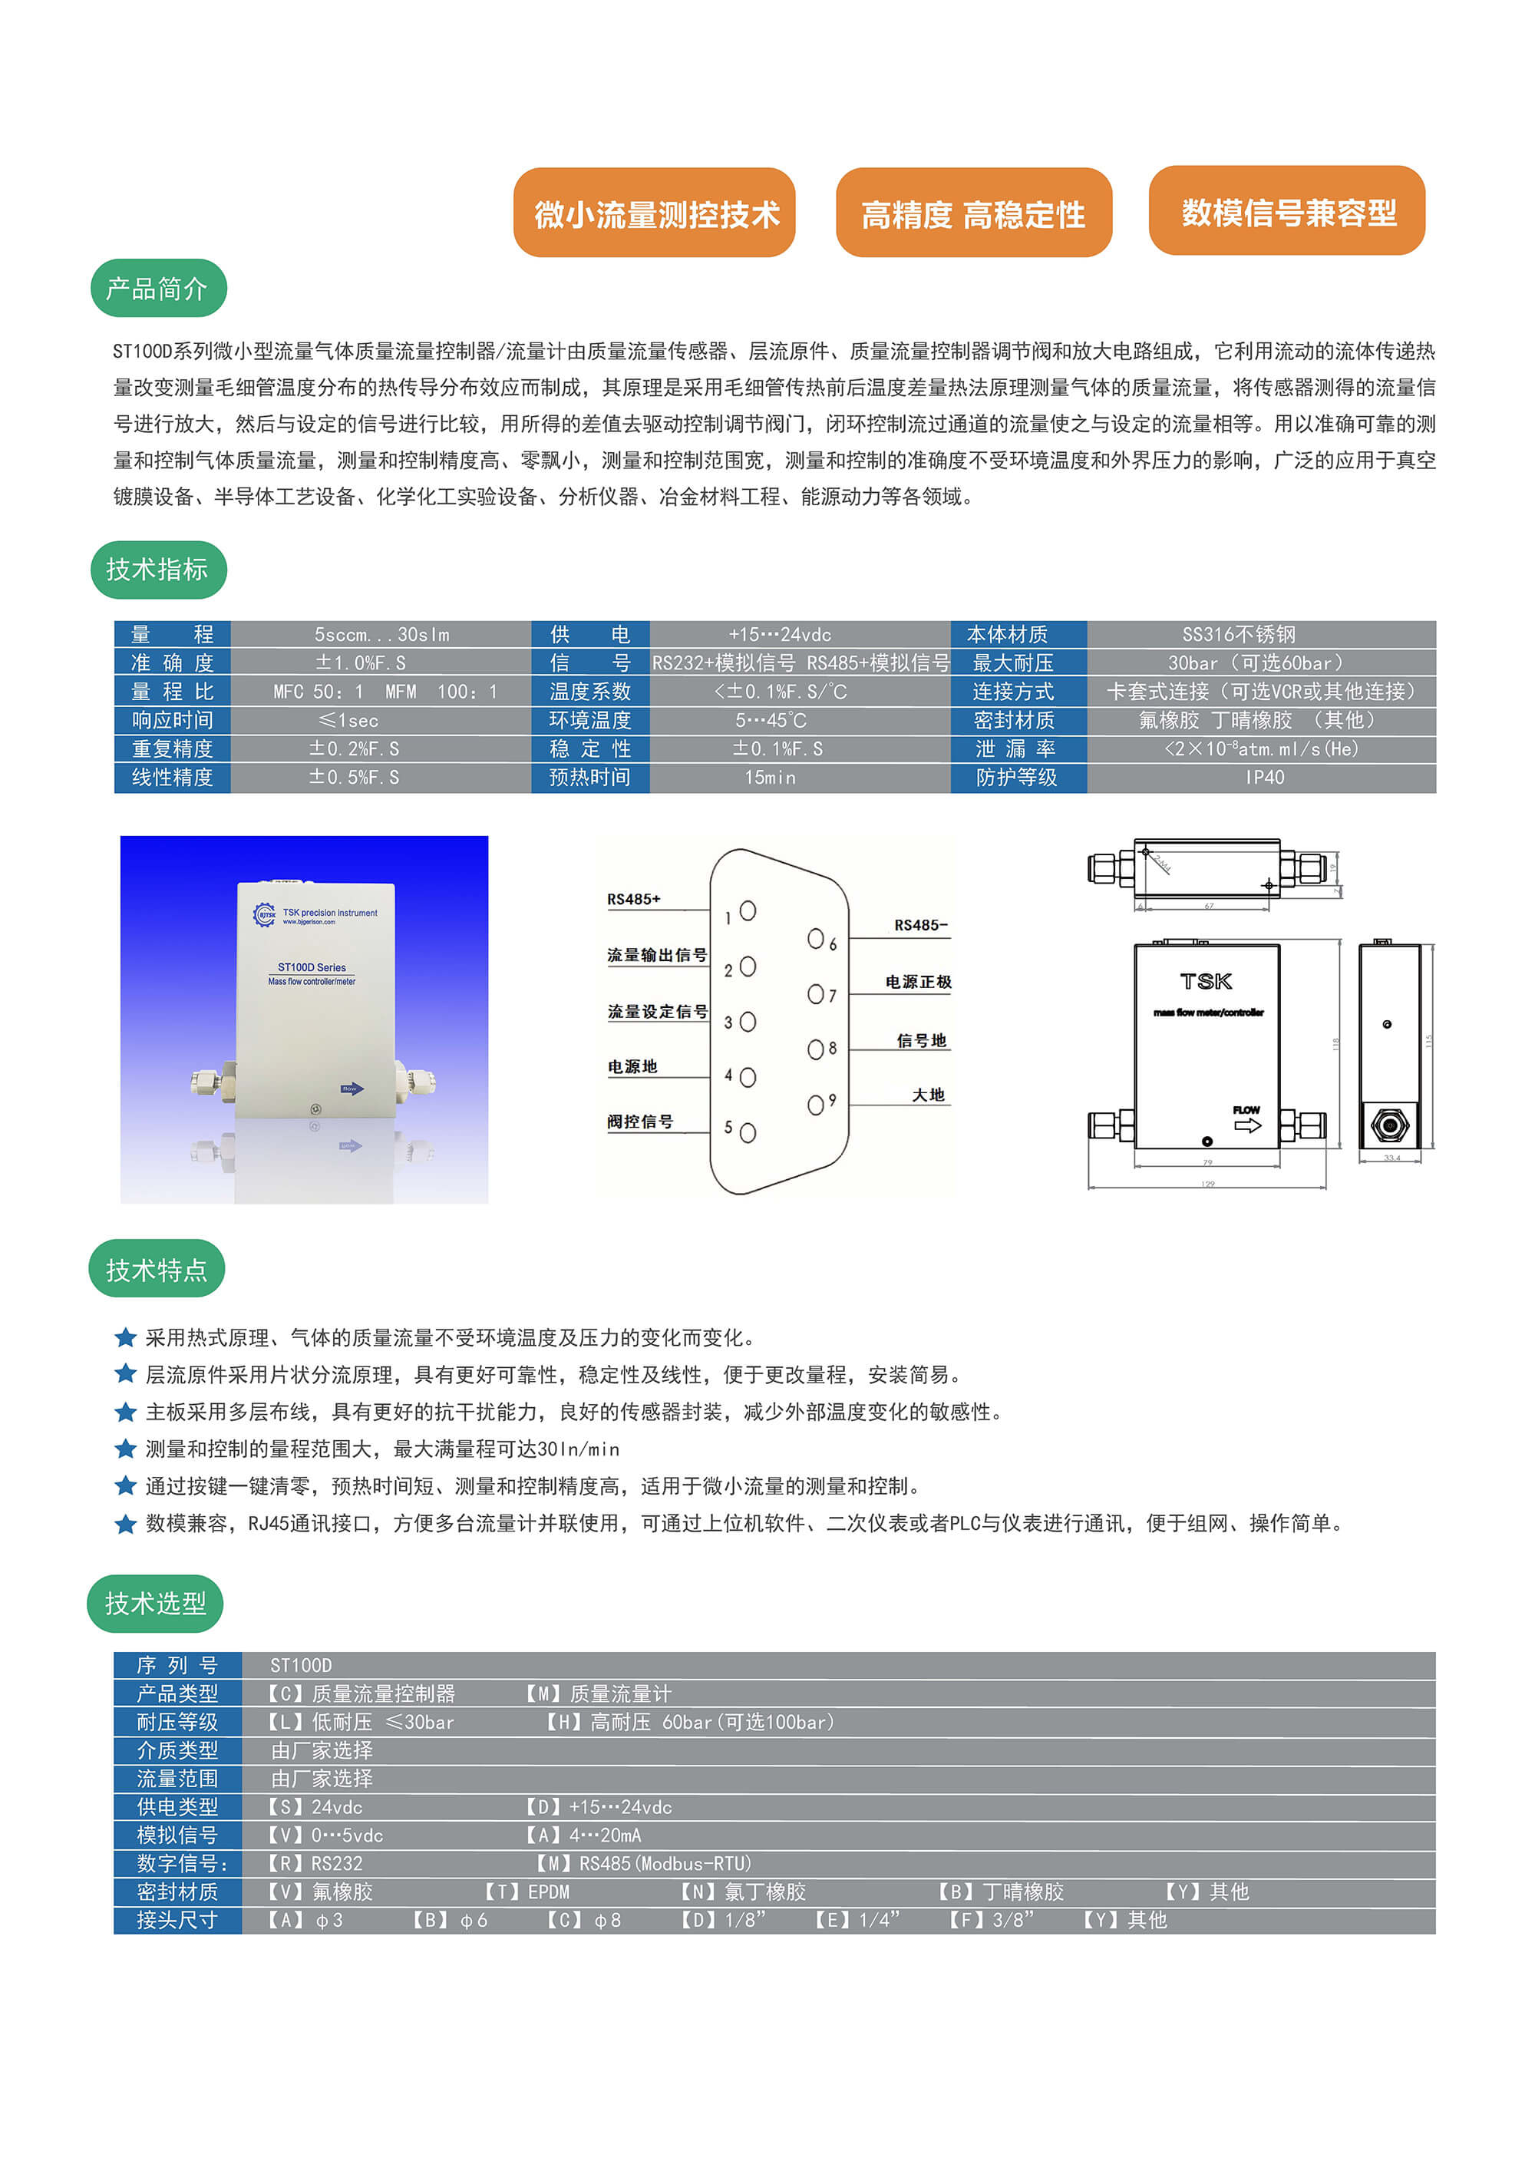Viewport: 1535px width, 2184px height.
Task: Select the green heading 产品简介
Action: tap(158, 288)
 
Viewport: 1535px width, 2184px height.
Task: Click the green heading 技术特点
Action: tap(156, 1269)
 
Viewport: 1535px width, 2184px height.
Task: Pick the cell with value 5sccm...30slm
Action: tap(381, 634)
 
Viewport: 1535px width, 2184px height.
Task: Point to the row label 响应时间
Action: tap(172, 720)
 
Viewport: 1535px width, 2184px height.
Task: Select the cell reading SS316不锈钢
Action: tap(1237, 634)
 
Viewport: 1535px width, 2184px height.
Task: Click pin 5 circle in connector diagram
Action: tap(748, 1133)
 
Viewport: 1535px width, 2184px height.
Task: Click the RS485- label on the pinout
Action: tap(919, 924)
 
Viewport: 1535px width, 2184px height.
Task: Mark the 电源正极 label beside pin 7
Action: tap(918, 982)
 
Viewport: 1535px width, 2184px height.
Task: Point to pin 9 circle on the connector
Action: tap(815, 1105)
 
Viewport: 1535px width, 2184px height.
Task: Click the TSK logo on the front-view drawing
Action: tap(1206, 981)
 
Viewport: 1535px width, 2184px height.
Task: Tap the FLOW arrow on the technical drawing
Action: tap(1247, 1125)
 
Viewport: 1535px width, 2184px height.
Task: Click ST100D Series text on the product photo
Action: tap(311, 967)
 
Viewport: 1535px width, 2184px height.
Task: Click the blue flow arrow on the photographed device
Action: tap(352, 1089)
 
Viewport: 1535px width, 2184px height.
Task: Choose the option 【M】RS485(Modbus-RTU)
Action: tap(643, 1863)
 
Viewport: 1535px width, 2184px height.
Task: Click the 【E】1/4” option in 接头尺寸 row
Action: tap(857, 1921)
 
